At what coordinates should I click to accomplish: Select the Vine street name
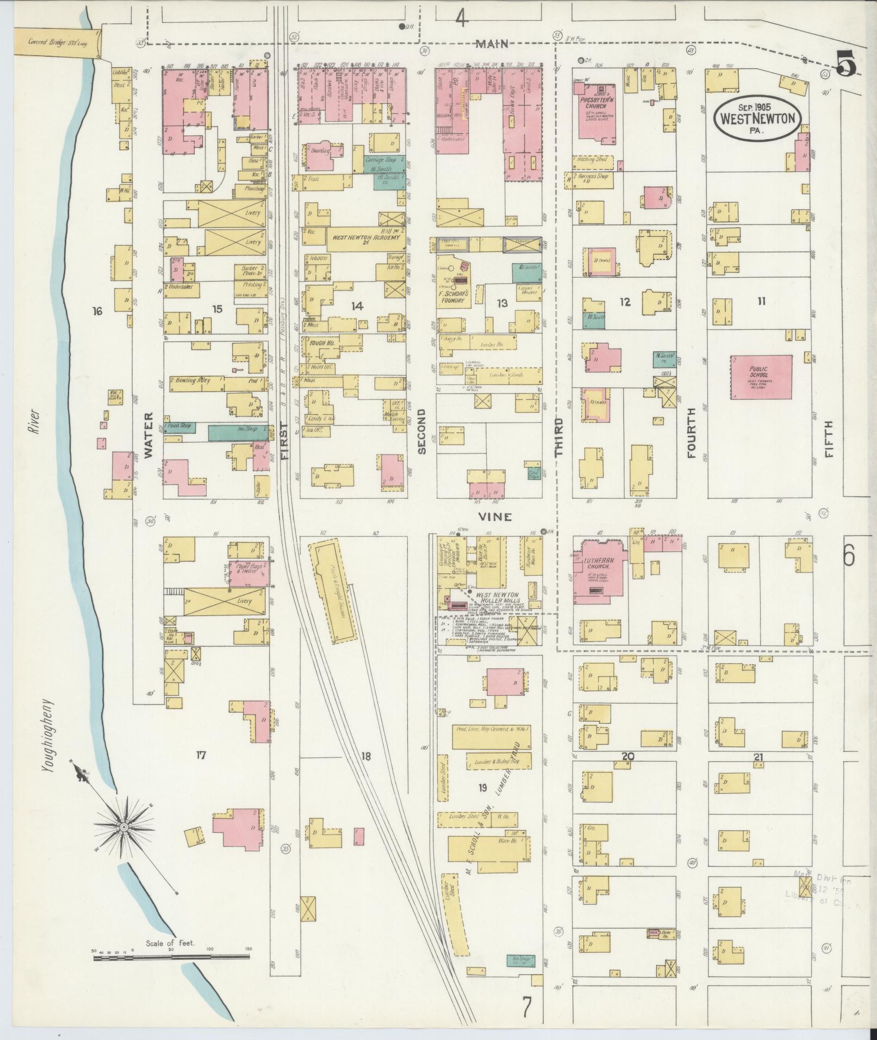pos(496,516)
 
